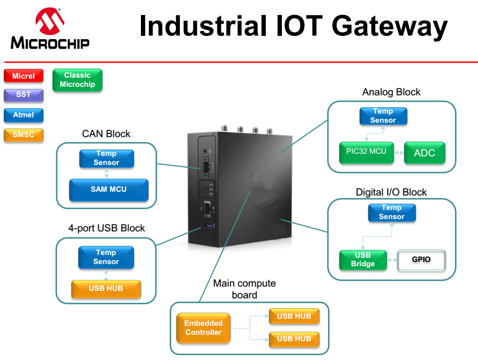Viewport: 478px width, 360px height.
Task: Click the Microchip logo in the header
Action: pos(50,29)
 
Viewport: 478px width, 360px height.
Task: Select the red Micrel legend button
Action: pos(24,76)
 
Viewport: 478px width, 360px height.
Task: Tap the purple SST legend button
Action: pos(24,95)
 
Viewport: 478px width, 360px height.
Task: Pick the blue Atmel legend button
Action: pos(24,115)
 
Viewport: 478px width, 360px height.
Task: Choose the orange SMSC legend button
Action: pos(24,134)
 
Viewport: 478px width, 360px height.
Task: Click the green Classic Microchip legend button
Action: pos(77,80)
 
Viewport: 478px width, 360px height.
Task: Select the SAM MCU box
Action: pos(108,190)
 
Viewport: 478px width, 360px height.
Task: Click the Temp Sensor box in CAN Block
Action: pos(106,158)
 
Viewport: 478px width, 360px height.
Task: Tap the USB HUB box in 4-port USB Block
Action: pos(106,289)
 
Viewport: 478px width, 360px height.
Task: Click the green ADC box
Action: pos(424,153)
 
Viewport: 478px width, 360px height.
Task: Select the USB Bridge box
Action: pos(363,259)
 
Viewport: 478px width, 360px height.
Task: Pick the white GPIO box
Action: pos(421,260)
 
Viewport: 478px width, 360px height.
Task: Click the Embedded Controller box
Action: pos(204,328)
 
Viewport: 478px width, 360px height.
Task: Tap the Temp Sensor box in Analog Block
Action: pos(383,116)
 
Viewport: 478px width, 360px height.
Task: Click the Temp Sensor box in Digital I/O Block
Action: pos(391,212)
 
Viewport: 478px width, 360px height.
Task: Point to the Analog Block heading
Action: pos(391,92)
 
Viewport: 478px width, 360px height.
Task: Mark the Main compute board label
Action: pos(244,289)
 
